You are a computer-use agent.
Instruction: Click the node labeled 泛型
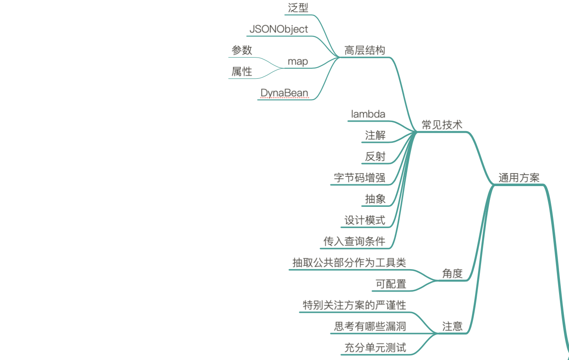pos(298,8)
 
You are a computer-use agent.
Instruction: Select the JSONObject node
pos(278,29)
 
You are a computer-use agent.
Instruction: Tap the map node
pos(298,61)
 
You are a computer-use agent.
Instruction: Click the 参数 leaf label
pos(242,50)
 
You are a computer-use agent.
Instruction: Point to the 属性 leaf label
pos(242,71)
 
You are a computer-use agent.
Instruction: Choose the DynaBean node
pos(284,93)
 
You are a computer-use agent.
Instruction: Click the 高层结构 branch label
pos(364,50)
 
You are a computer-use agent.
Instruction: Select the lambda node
pos(368,114)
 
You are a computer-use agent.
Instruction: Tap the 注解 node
pos(375,135)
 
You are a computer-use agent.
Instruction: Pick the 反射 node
pos(375,157)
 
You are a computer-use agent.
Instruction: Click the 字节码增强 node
pos(359,178)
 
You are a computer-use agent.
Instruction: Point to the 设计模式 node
pos(365,220)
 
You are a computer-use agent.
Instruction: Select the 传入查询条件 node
pos(354,241)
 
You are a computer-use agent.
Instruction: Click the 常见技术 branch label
pos(442,125)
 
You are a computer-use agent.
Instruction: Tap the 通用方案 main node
pos(519,178)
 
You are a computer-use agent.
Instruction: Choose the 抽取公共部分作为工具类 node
pos(349,263)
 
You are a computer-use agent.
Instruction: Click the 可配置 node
pos(391,284)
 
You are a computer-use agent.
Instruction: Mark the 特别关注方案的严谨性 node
pos(354,305)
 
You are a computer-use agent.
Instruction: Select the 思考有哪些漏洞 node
pos(370,326)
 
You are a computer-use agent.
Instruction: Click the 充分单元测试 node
pos(375,347)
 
